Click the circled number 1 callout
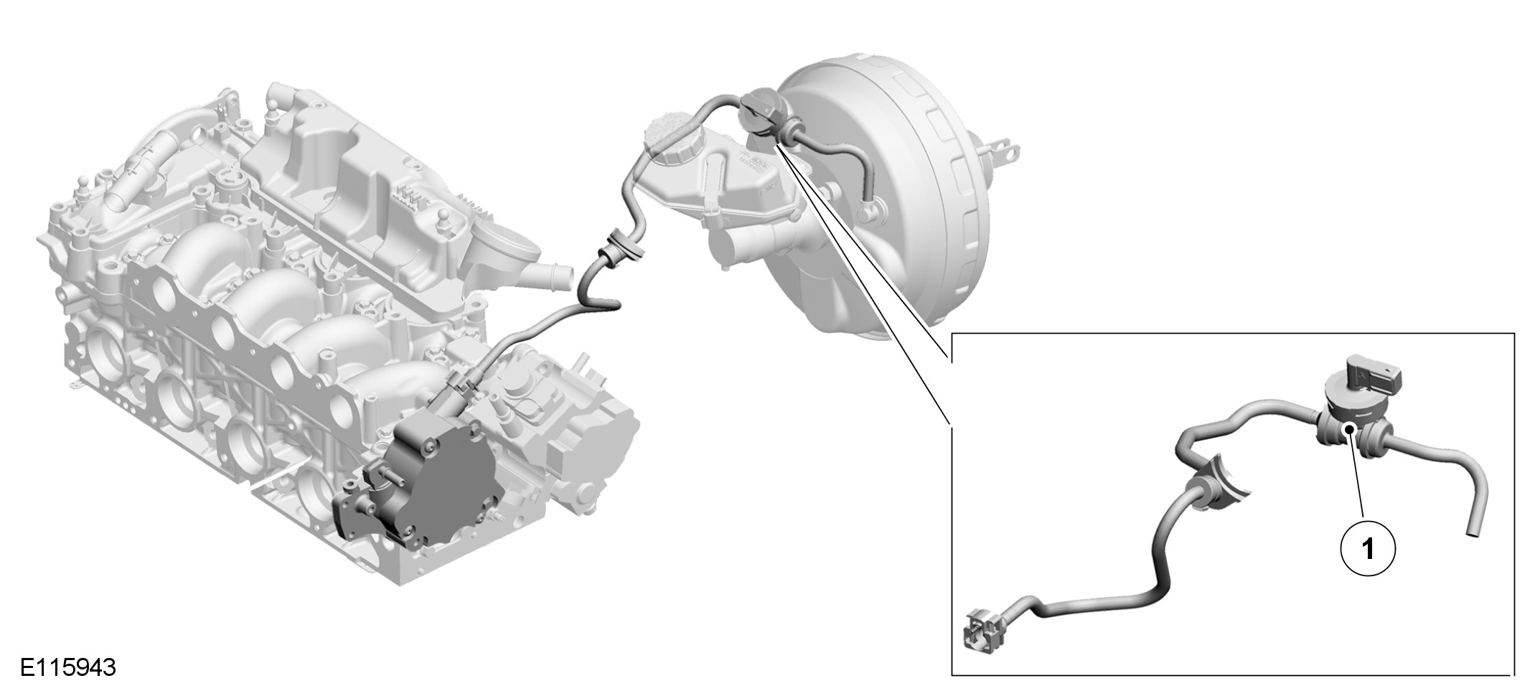tap(1368, 549)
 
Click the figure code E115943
tap(67, 667)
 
